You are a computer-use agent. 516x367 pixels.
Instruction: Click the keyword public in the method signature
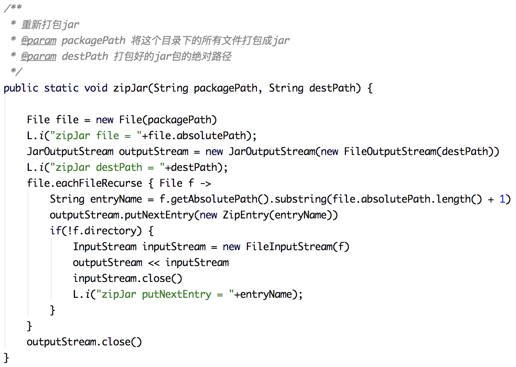click(x=21, y=88)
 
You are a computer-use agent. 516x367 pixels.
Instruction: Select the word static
click(x=61, y=88)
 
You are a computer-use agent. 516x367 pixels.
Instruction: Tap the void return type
click(x=96, y=88)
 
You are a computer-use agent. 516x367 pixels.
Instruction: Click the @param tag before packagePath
click(x=39, y=40)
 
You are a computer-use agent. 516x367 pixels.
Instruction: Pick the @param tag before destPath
click(x=39, y=56)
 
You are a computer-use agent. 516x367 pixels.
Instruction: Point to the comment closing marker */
click(x=16, y=71)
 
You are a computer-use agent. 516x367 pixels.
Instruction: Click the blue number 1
click(x=502, y=199)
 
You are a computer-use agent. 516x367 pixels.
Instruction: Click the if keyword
click(x=55, y=231)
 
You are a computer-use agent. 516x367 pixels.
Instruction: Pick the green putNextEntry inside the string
click(x=177, y=294)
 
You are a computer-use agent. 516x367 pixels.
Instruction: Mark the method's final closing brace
click(x=6, y=358)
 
